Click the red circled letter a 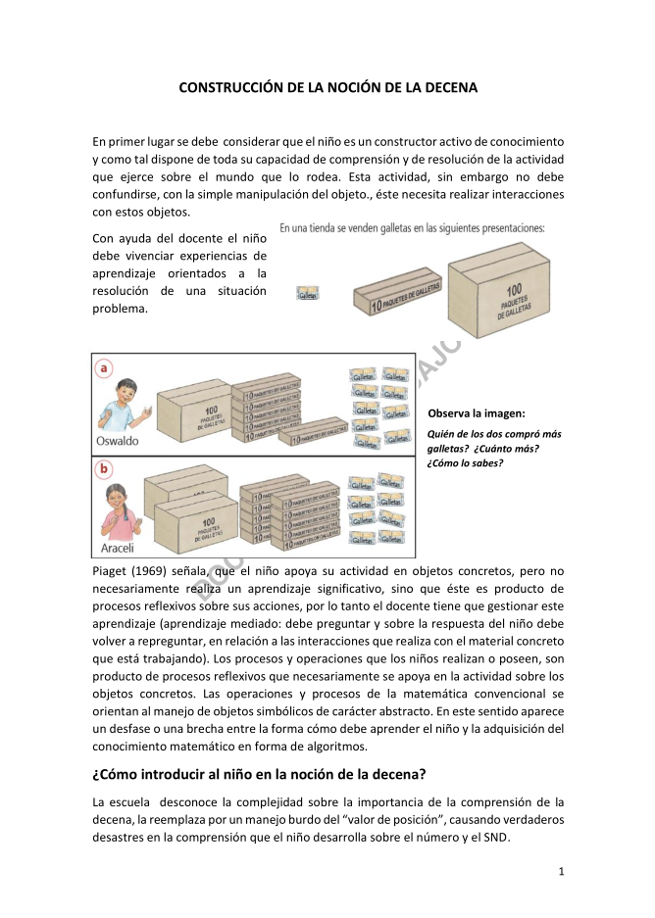click(105, 368)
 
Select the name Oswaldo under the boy click(117, 441)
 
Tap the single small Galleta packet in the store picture click(308, 294)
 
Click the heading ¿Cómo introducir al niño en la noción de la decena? click(259, 774)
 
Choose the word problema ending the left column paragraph click(120, 309)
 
